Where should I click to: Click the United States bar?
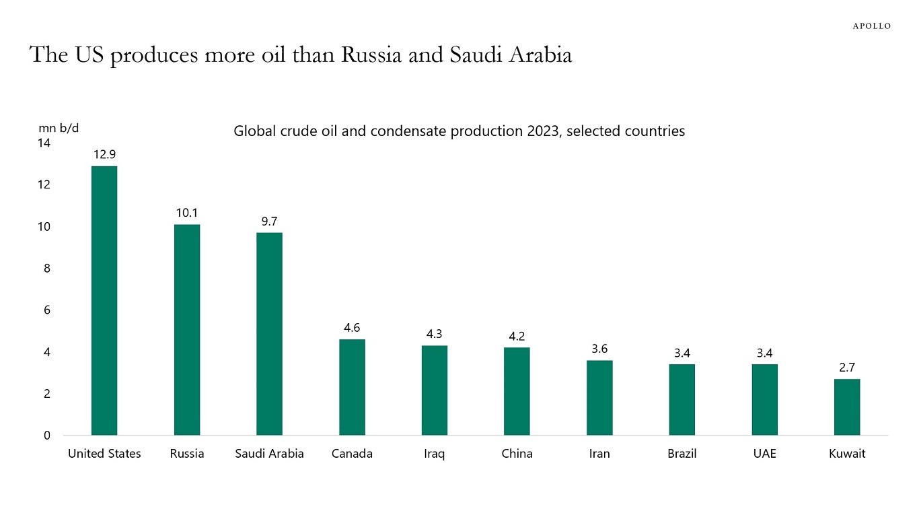[104, 300]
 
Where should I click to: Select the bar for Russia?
[187, 329]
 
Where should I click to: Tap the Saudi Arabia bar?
[269, 333]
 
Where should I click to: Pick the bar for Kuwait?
[847, 407]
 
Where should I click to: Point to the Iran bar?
[599, 397]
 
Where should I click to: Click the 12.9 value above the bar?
[104, 155]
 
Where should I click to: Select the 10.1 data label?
[187, 213]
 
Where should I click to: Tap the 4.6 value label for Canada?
[352, 328]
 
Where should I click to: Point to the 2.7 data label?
[847, 368]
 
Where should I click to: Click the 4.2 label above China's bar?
[517, 336]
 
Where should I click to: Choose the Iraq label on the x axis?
[434, 454]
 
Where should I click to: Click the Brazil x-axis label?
[682, 454]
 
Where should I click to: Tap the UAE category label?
[764, 454]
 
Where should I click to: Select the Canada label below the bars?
[352, 454]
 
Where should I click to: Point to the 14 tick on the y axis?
[44, 143]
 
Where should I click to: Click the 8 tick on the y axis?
[47, 269]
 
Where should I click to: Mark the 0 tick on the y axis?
[47, 436]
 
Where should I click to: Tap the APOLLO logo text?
[871, 26]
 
